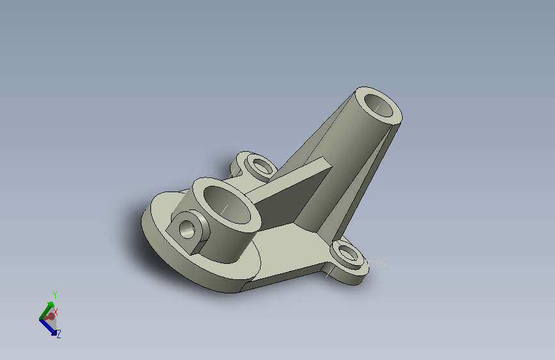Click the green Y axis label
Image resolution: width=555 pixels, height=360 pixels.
[x=55, y=295]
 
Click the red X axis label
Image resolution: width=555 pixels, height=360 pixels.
[x=56, y=312]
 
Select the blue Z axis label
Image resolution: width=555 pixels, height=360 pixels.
[x=58, y=334]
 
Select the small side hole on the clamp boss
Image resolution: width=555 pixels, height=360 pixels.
[x=186, y=227]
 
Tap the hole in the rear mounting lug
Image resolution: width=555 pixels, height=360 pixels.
[x=261, y=167]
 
